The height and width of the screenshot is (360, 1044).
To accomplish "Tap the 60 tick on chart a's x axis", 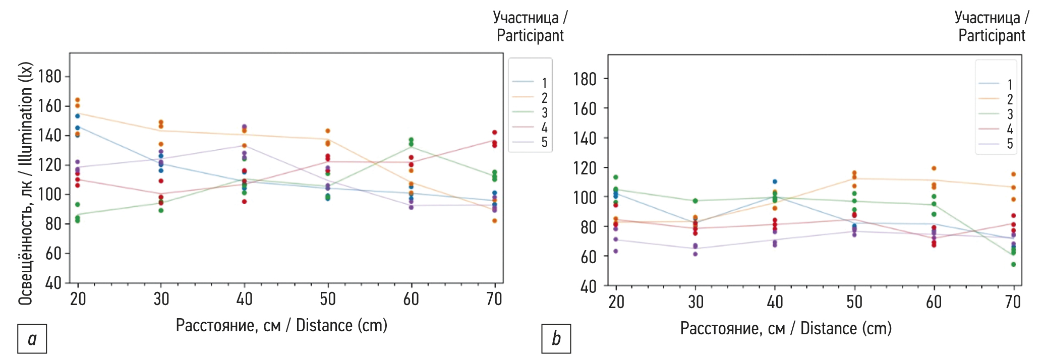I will pos(411,299).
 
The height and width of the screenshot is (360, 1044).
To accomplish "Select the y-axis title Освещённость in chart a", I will pos(26,184).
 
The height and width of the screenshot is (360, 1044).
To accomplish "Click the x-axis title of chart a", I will pos(281,326).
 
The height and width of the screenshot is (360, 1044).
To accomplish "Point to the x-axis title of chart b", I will pos(786,329).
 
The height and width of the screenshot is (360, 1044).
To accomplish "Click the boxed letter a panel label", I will pos(32,339).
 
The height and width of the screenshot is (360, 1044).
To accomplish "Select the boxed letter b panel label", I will pos(556,338).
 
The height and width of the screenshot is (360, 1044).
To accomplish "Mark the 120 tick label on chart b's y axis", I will pos(585,168).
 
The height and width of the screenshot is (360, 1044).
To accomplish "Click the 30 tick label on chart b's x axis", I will pos(695,302).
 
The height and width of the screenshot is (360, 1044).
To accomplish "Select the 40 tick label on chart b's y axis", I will pos(589,287).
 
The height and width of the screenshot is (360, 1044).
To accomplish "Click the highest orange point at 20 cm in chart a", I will pos(78,100).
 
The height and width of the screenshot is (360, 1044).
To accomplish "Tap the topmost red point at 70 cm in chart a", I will pos(495,133).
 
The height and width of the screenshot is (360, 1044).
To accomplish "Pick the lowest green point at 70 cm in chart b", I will pos(1013,264).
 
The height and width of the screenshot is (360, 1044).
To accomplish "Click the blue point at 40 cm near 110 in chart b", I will pos(775,182).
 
